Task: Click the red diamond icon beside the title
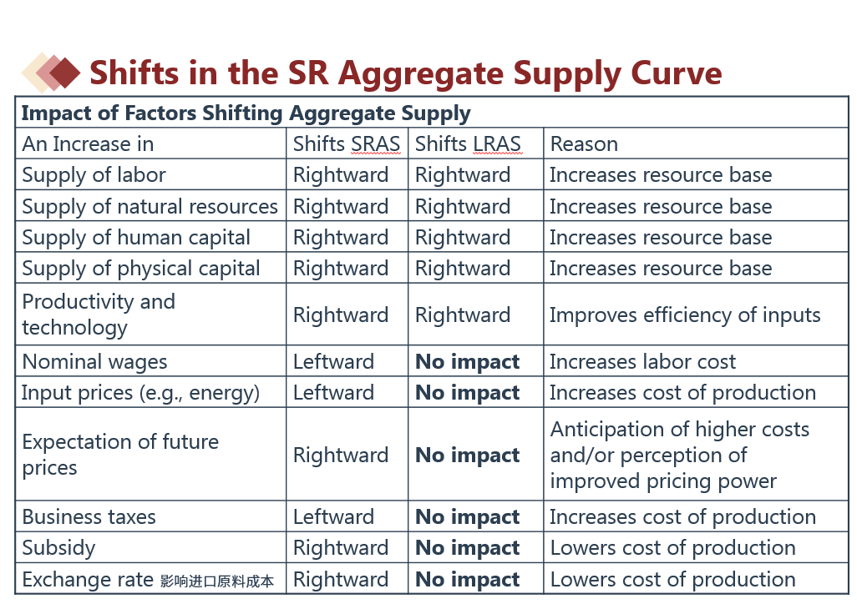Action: coord(64,73)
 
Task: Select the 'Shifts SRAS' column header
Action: coord(347,143)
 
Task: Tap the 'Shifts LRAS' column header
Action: coord(468,143)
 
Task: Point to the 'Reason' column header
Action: coord(584,144)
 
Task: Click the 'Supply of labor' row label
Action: coord(94,174)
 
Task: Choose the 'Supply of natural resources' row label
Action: coord(150,206)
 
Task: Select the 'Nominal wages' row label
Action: coord(94,361)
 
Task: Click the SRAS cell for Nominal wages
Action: coord(333,361)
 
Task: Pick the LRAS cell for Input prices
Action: coord(467,393)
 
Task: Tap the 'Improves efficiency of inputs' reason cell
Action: coord(685,315)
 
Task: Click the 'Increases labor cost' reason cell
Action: coord(643,361)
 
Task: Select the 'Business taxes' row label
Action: coord(89,516)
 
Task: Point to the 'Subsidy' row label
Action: coord(58,548)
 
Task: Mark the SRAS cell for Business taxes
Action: coord(333,516)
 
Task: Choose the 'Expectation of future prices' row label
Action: coord(120,455)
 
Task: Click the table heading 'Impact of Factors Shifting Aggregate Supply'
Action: coord(246,113)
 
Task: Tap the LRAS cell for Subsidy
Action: coord(467,548)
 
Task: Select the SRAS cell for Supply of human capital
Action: coord(341,238)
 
